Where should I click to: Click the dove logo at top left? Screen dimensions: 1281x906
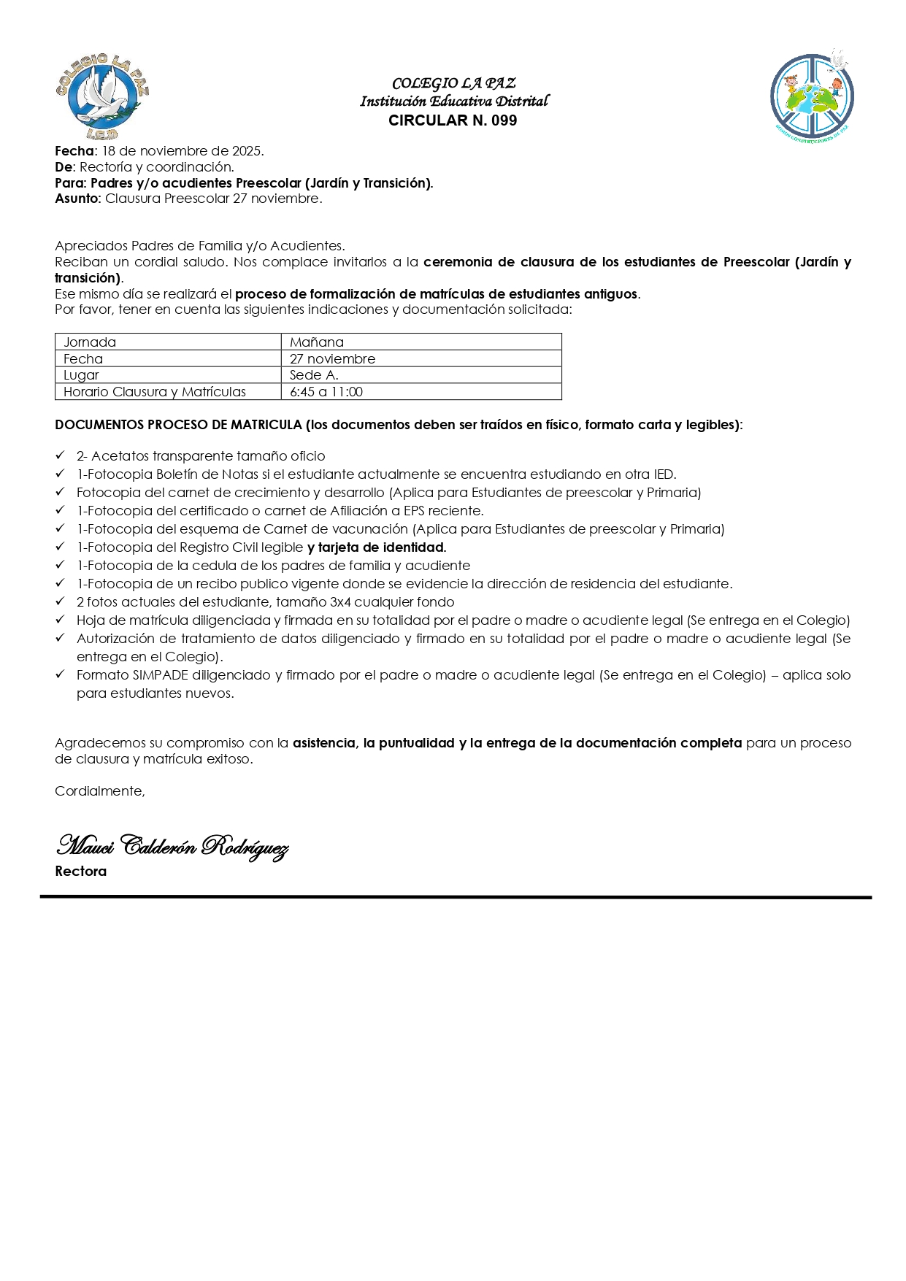(101, 96)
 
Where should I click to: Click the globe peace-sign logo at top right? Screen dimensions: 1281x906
(812, 97)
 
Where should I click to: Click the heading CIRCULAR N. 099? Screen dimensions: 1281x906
(453, 121)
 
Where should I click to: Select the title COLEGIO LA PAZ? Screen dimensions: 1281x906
(453, 83)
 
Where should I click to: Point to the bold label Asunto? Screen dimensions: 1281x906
(78, 199)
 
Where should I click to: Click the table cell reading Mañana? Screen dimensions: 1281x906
(316, 342)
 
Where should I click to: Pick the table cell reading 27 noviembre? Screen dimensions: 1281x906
(332, 359)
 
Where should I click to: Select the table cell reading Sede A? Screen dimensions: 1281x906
(314, 375)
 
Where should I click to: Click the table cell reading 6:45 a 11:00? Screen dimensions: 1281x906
(326, 392)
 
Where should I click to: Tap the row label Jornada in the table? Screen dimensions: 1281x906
(90, 342)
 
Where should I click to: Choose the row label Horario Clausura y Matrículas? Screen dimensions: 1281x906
(155, 392)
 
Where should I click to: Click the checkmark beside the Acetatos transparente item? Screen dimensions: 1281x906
(61, 455)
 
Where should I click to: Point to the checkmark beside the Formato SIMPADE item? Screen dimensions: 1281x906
(61, 674)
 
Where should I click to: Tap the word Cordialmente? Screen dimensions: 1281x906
(100, 791)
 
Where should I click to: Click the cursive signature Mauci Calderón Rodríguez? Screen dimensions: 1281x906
(172, 846)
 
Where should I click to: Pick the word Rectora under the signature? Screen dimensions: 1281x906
(80, 872)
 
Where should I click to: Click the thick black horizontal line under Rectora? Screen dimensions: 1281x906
(456, 896)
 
